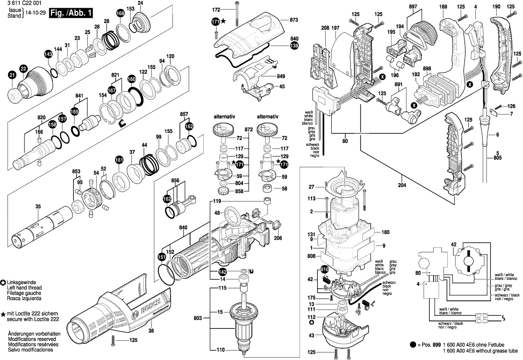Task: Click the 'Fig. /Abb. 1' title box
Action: coord(71,13)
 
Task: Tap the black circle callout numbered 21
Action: coord(12,75)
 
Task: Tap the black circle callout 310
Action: coord(325,270)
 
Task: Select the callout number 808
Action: coord(311,256)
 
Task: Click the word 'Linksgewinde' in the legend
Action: coord(23,283)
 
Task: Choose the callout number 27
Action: coord(311,187)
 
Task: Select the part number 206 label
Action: coord(277,238)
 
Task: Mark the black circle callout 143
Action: coord(48,54)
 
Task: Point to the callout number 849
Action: coord(280,76)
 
